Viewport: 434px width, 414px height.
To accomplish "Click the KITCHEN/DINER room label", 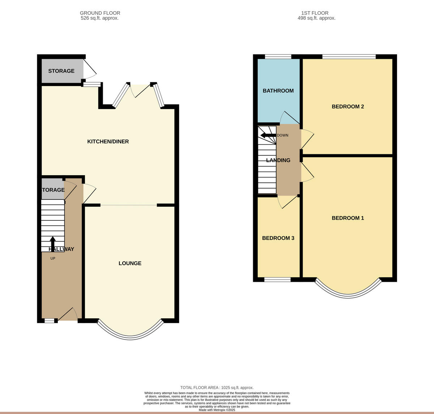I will point(108,142).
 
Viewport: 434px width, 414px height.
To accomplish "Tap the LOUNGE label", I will point(130,263).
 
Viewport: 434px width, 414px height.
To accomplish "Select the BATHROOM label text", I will point(278,91).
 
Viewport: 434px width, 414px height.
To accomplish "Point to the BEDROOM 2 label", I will point(348,107).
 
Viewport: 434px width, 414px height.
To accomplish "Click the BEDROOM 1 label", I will point(348,218).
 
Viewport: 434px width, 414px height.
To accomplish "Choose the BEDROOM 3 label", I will point(278,238).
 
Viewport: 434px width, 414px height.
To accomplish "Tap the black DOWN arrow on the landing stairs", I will point(268,135).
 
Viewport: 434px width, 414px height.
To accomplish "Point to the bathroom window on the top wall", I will point(278,56).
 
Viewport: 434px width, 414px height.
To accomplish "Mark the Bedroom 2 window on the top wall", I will point(349,56).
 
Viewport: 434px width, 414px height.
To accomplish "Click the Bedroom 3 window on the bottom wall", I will point(277,279).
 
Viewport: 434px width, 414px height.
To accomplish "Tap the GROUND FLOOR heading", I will point(100,13).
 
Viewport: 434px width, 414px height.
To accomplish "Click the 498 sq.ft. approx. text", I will point(316,18).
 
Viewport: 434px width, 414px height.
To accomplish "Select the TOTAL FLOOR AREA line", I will point(217,388).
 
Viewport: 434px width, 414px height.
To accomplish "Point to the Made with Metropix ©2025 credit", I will point(217,410).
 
